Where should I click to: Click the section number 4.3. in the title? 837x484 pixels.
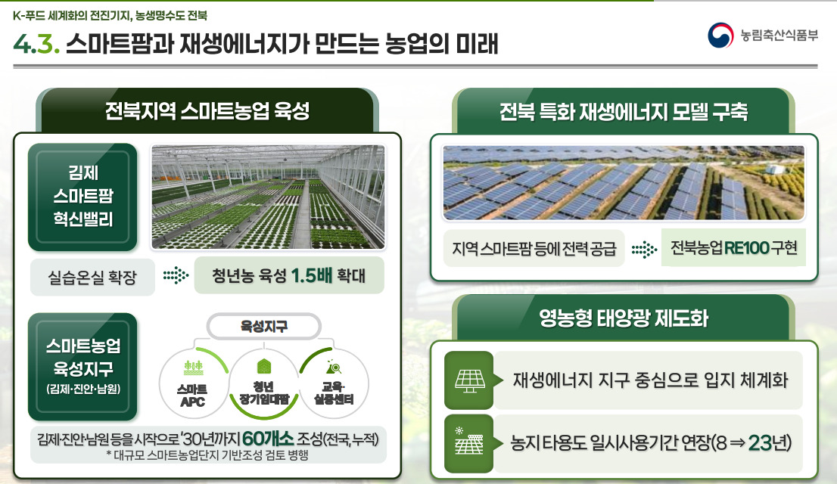pos(36,44)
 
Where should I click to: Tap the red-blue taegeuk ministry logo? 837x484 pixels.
pos(720,36)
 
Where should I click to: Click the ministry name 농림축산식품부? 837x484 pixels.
pos(779,36)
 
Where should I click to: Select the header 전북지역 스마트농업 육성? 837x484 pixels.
pos(207,111)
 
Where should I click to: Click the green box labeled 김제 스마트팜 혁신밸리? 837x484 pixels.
pos(82,197)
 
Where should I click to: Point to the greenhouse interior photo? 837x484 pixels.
pos(268,197)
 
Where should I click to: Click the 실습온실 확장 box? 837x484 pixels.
pos(92,277)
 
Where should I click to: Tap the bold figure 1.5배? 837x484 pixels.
pos(312,275)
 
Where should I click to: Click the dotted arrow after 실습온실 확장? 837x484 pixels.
pos(176,276)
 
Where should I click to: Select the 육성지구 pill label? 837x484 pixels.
pos(263,326)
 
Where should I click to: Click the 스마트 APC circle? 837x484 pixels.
pos(193,383)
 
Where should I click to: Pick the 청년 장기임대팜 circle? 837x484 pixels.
pos(263,383)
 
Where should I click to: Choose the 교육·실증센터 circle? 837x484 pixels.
pos(334,383)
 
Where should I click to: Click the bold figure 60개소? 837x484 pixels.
pos(268,439)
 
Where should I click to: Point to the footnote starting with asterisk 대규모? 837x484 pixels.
pos(207,455)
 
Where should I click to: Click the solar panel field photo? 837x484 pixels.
pos(624,182)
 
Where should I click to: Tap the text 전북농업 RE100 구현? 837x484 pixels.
pos(733,247)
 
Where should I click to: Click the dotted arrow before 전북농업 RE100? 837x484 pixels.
pos(644,250)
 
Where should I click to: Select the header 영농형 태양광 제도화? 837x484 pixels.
pos(624,318)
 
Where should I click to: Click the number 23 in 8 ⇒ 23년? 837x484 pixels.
pos(760,443)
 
